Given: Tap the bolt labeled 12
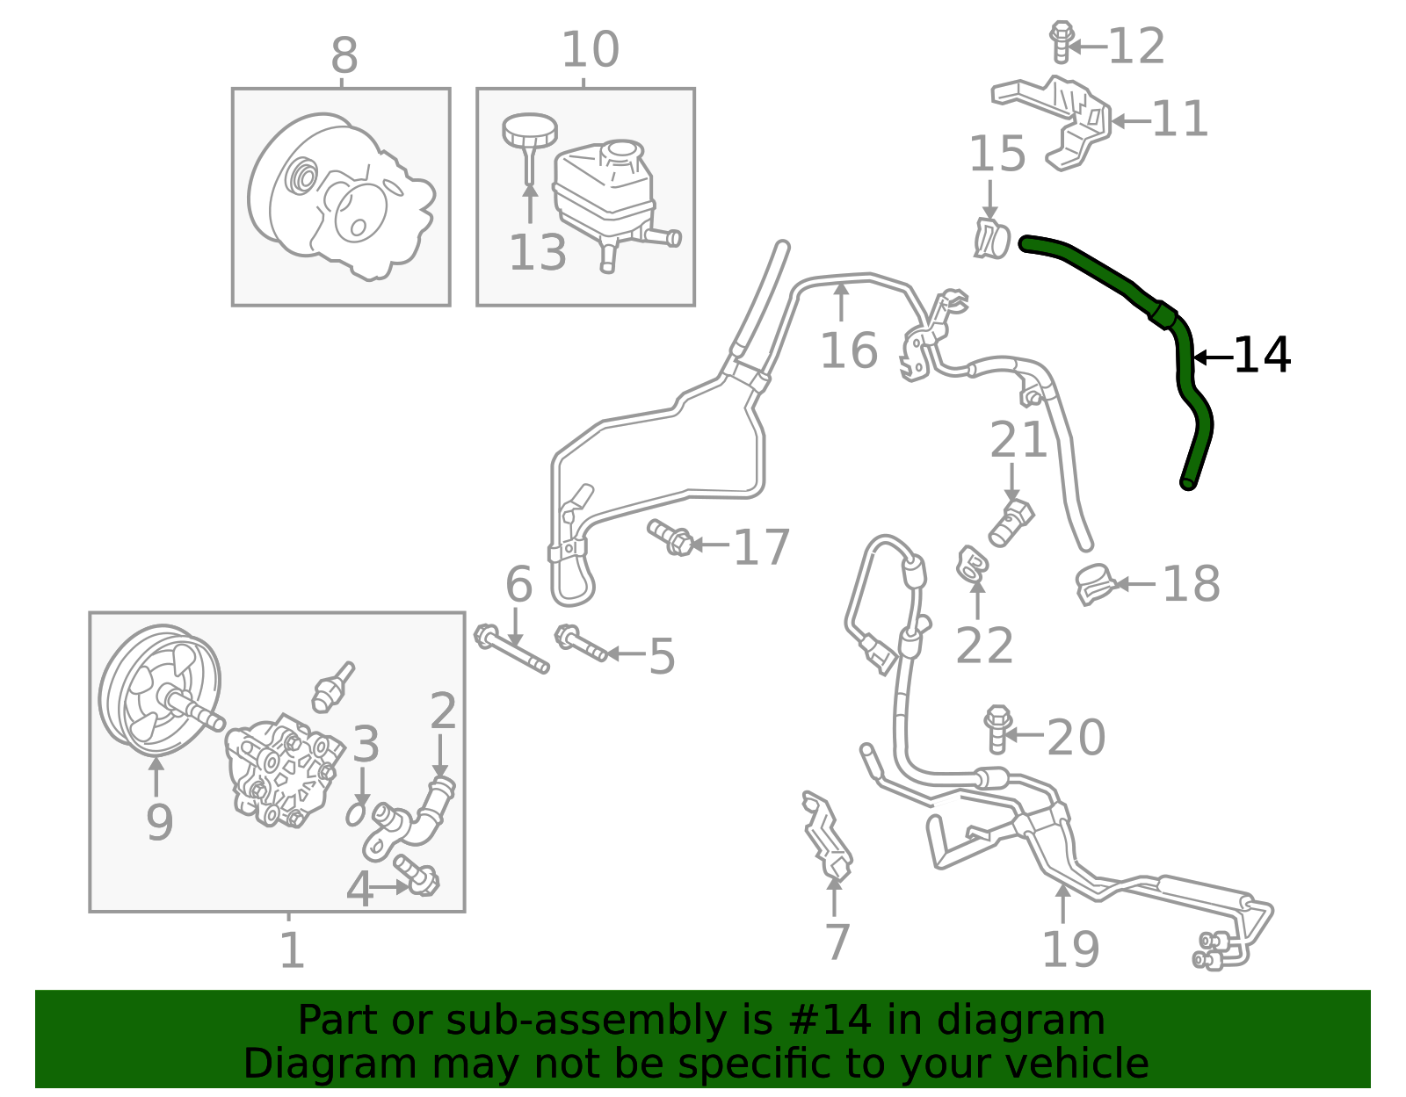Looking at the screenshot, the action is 1061,42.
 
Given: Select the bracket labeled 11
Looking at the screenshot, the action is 1052,123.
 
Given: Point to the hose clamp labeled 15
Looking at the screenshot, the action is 991,239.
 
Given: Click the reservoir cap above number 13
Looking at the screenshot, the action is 529,139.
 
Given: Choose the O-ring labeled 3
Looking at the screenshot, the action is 356,814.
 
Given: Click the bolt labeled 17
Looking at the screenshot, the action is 671,538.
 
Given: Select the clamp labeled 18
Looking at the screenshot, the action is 1093,584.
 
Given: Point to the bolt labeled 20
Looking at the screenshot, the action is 997,730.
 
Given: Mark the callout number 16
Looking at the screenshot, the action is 848,350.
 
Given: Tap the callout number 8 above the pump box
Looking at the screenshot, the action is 344,55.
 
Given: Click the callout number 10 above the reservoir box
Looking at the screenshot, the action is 591,49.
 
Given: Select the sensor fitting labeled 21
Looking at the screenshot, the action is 1011,523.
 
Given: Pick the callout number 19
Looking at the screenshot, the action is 1071,949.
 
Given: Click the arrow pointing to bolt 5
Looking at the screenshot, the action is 627,654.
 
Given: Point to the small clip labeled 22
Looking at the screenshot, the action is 971,565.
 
